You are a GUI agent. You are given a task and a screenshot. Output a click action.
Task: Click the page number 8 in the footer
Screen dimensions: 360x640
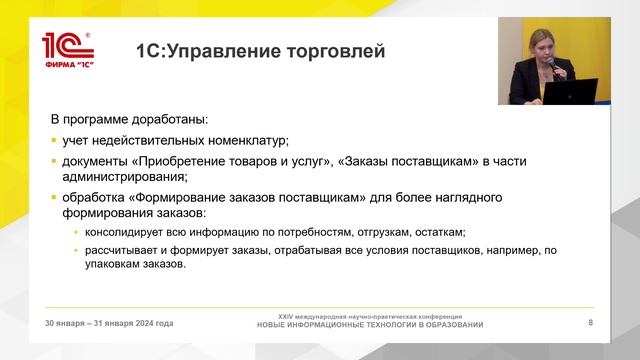(x=590, y=323)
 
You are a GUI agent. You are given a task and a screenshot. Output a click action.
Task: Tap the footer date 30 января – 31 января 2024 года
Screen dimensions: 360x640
(x=109, y=323)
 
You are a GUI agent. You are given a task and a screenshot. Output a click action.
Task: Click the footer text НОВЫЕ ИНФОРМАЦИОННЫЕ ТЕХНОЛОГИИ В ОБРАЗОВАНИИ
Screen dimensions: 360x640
(x=370, y=325)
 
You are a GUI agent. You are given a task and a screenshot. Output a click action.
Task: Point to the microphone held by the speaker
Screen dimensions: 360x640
(x=550, y=64)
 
